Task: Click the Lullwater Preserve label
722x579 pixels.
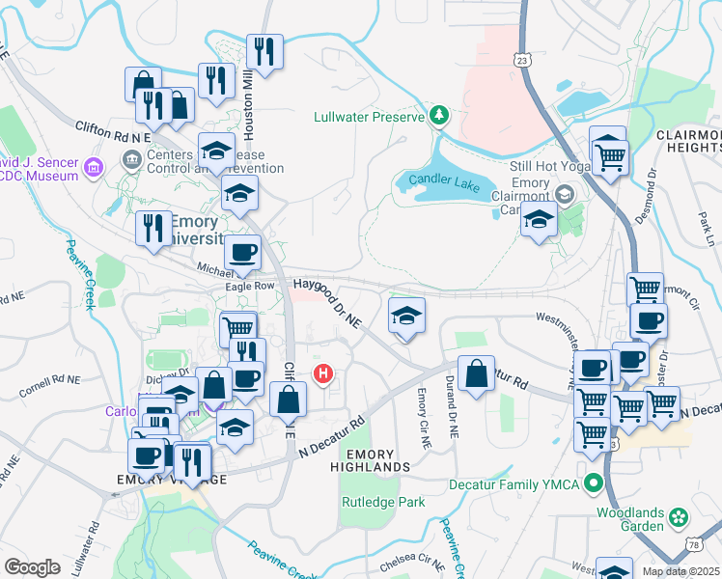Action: [x=370, y=117]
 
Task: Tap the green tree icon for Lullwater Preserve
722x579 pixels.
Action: [x=439, y=116]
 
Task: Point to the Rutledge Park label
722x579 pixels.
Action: [x=383, y=503]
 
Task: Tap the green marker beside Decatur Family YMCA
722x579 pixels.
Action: [x=596, y=483]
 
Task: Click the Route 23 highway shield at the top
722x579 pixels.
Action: [x=522, y=60]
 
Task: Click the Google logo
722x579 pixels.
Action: [x=32, y=566]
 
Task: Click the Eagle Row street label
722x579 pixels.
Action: [x=250, y=286]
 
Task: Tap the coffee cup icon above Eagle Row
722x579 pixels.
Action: [x=242, y=253]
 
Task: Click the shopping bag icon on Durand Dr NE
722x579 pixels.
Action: [x=476, y=373]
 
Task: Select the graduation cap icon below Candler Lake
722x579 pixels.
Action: [x=539, y=221]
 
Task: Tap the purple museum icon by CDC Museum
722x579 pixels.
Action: [x=95, y=168]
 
